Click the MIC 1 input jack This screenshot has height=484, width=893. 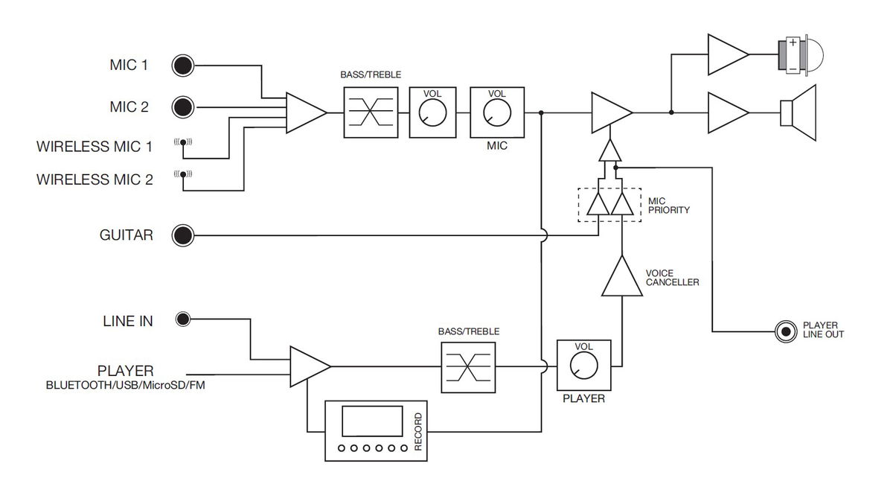click(182, 66)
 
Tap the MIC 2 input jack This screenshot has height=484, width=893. click(182, 107)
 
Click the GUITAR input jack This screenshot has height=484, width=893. click(182, 236)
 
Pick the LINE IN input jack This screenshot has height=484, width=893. click(183, 320)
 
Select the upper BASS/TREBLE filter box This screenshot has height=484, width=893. click(366, 112)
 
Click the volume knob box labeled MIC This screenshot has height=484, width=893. click(497, 112)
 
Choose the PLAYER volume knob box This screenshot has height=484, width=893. click(583, 366)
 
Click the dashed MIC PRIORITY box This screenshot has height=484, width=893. click(609, 204)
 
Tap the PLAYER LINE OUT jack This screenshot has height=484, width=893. click(784, 331)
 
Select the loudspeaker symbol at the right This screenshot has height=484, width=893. click(800, 112)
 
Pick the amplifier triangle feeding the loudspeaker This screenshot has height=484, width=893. click(726, 112)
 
